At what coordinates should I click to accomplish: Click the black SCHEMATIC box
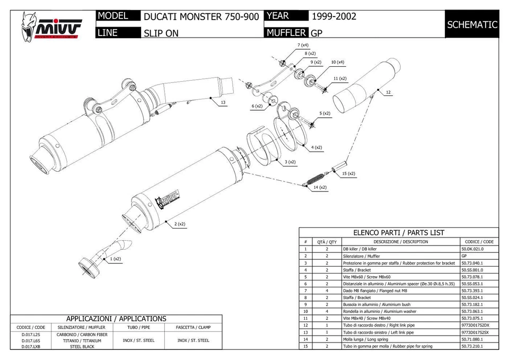click(472, 24)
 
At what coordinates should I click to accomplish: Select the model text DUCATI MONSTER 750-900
click(201, 17)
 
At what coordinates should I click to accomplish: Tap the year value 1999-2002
click(334, 16)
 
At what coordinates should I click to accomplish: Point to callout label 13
click(223, 102)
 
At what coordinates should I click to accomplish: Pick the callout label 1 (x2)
click(116, 259)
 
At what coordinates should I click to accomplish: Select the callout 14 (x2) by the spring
click(319, 187)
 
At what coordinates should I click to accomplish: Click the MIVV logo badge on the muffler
click(168, 200)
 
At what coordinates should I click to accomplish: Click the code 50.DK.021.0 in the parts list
click(472, 249)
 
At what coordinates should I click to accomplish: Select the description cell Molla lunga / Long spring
click(365, 339)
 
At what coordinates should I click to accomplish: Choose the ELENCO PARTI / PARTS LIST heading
click(399, 232)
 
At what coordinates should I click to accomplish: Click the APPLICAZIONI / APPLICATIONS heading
click(116, 319)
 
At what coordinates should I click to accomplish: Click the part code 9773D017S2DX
click(476, 325)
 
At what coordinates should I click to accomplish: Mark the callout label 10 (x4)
click(337, 62)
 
